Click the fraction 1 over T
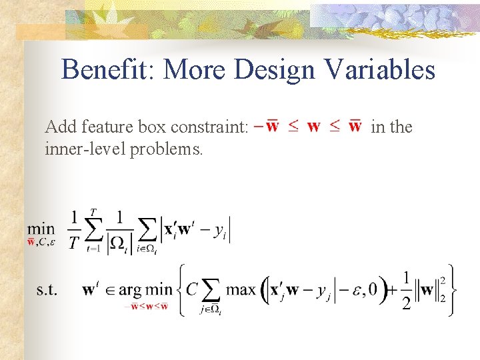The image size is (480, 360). pyautogui.click(x=75, y=230)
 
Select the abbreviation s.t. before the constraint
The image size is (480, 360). pyautogui.click(x=47, y=290)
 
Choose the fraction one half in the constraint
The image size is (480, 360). pyautogui.click(x=406, y=290)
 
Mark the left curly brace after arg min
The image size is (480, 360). pyautogui.click(x=180, y=290)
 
